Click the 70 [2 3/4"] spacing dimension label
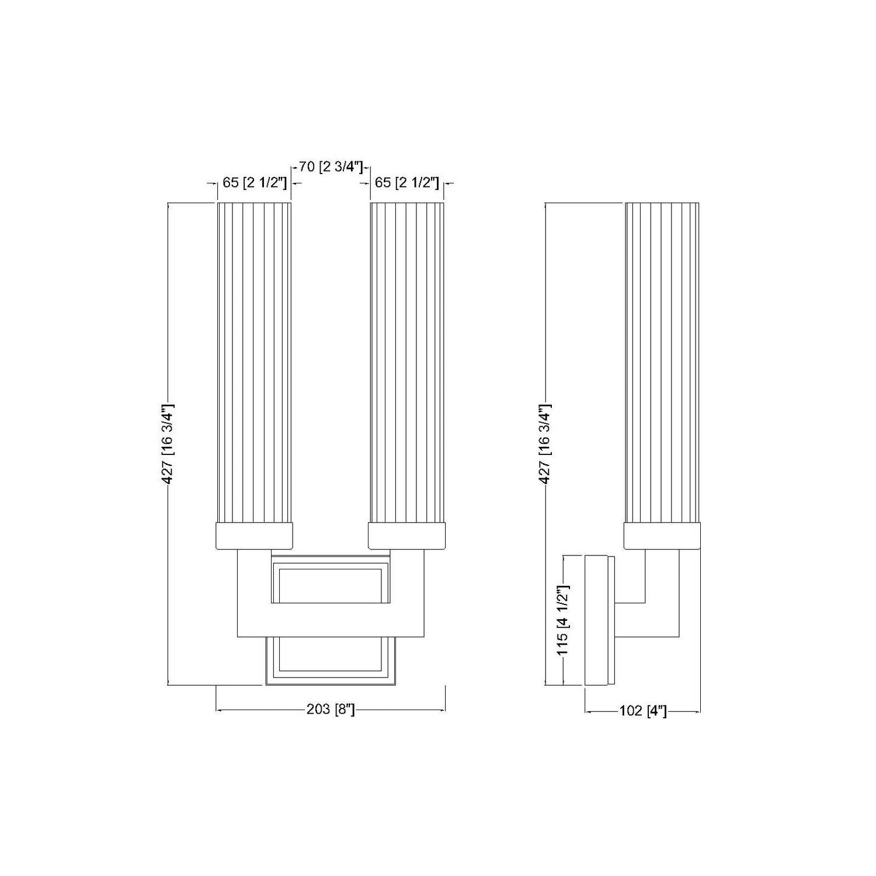(331, 167)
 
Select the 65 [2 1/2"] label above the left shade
(254, 183)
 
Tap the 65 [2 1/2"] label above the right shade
(406, 183)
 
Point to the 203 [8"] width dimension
(331, 710)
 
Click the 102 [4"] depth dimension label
(642, 711)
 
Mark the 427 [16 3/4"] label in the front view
(168, 444)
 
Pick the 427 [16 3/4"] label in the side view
(544, 444)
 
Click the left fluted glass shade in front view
(254, 362)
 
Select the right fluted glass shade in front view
(407, 362)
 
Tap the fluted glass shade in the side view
(662, 362)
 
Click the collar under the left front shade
(254, 536)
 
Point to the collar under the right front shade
(407, 536)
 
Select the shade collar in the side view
(662, 536)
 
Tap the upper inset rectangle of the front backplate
(331, 584)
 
